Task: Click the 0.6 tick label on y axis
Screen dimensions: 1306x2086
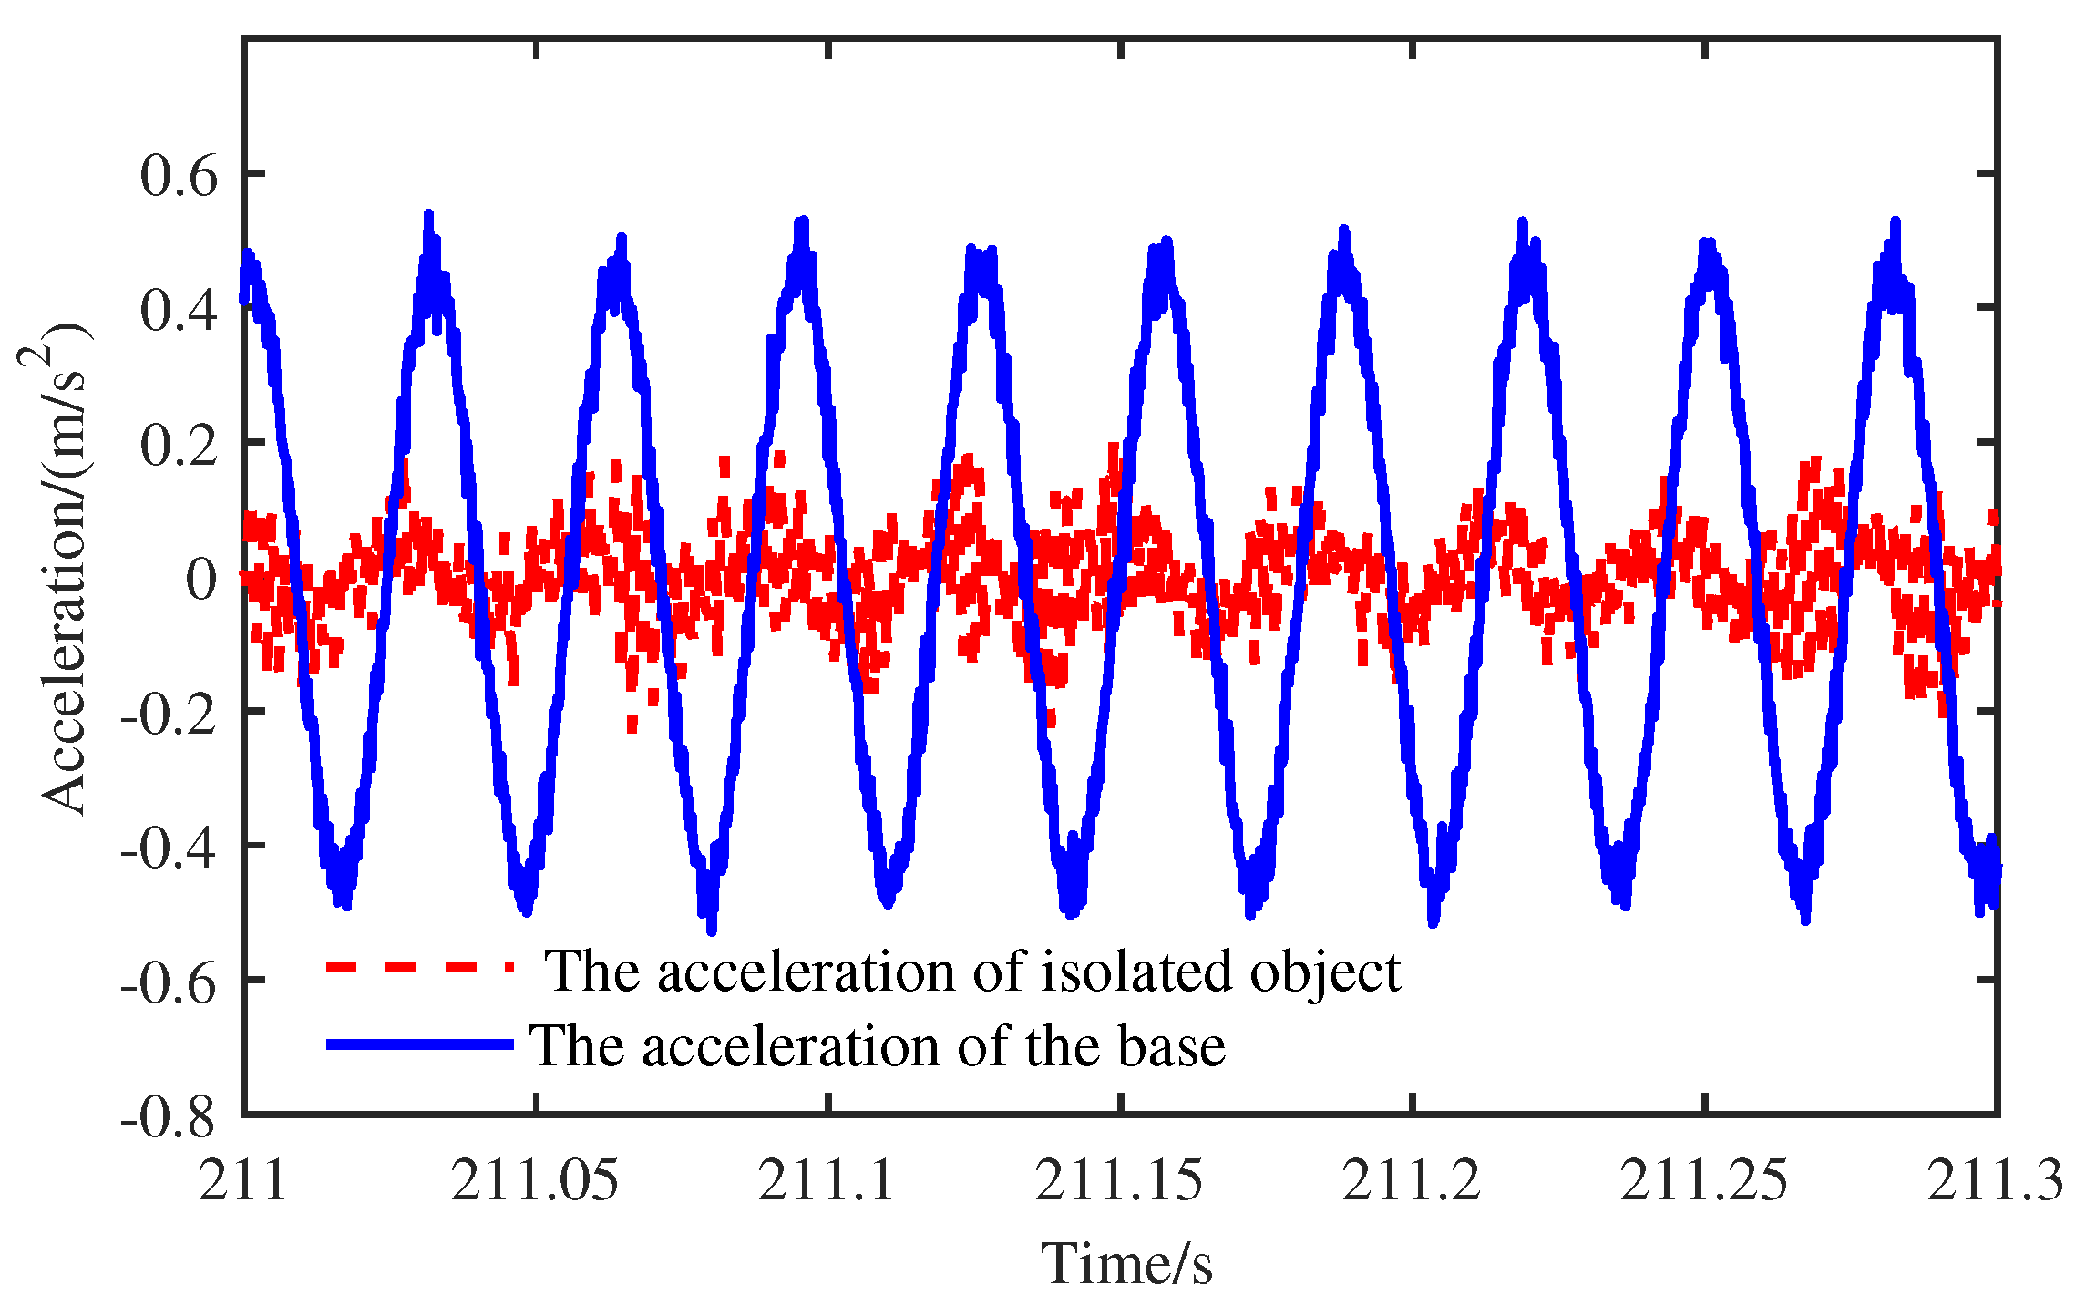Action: click(x=179, y=175)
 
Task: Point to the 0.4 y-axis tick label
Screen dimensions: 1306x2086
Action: click(x=179, y=310)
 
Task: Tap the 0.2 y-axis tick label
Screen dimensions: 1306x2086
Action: click(x=179, y=445)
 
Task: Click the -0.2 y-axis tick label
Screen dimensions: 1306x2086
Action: click(x=169, y=714)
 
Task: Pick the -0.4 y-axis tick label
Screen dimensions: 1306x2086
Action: click(x=169, y=848)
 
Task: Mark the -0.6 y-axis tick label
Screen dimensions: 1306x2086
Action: click(x=169, y=982)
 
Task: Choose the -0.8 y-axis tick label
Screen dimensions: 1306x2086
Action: click(x=169, y=1117)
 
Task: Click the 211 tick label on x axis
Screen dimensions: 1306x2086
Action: click(x=243, y=1180)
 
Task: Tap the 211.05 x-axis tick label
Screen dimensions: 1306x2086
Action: click(x=535, y=1180)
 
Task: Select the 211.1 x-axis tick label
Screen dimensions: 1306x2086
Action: click(x=827, y=1180)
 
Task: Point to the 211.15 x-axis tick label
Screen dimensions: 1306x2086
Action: click(x=1119, y=1180)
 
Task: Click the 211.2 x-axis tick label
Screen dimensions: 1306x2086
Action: click(x=1412, y=1180)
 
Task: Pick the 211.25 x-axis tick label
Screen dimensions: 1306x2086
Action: click(x=1703, y=1180)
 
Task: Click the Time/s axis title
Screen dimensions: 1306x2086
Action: click(x=1126, y=1263)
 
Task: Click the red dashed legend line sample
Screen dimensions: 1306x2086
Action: click(x=420, y=966)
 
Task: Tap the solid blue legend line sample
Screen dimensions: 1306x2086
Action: click(x=420, y=1044)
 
